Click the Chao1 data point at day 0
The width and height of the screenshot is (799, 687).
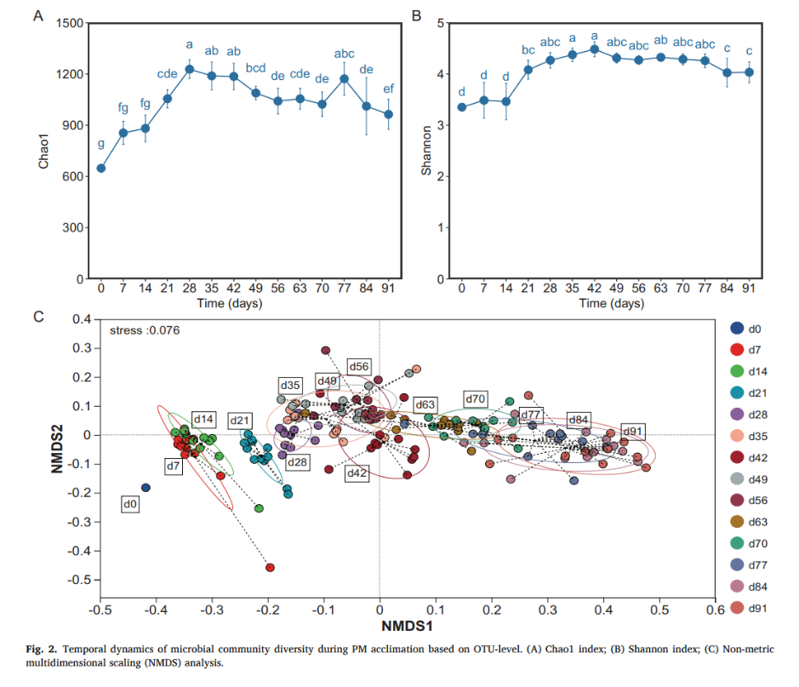pos(101,168)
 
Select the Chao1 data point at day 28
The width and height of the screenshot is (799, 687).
pos(190,69)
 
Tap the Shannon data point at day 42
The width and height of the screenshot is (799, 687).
pos(595,49)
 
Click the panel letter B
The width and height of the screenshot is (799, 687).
pos(416,15)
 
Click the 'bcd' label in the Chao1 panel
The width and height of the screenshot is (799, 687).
pos(256,68)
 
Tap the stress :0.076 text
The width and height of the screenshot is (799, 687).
pos(144,330)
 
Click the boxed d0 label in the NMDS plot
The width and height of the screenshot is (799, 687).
pos(132,505)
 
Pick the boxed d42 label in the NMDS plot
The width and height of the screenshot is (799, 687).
pos(357,473)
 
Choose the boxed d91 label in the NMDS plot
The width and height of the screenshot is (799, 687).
pos(634,431)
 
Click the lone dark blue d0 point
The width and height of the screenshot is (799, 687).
pos(146,488)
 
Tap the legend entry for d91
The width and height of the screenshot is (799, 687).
pos(760,608)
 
